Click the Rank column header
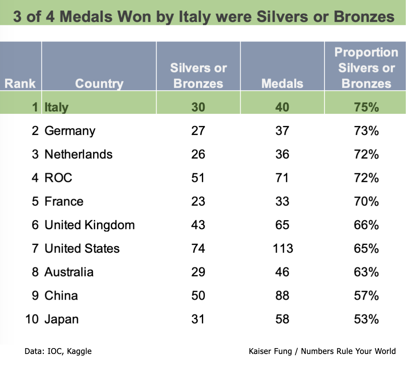coord(20,83)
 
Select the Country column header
coord(99,83)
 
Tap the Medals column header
coord(282,83)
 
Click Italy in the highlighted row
coord(56,107)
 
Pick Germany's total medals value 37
coord(282,131)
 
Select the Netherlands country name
coord(78,154)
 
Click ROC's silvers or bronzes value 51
coord(198,178)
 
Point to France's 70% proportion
coord(366,201)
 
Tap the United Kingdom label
coord(90,225)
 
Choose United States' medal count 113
coord(282,248)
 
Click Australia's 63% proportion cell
coord(366,272)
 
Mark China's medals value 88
coord(282,295)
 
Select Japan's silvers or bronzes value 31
coord(198,319)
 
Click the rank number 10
coord(32,319)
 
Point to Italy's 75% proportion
coord(366,107)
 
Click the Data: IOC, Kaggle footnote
coord(58,351)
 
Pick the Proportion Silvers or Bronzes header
coord(366,68)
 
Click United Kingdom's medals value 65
coord(282,225)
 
